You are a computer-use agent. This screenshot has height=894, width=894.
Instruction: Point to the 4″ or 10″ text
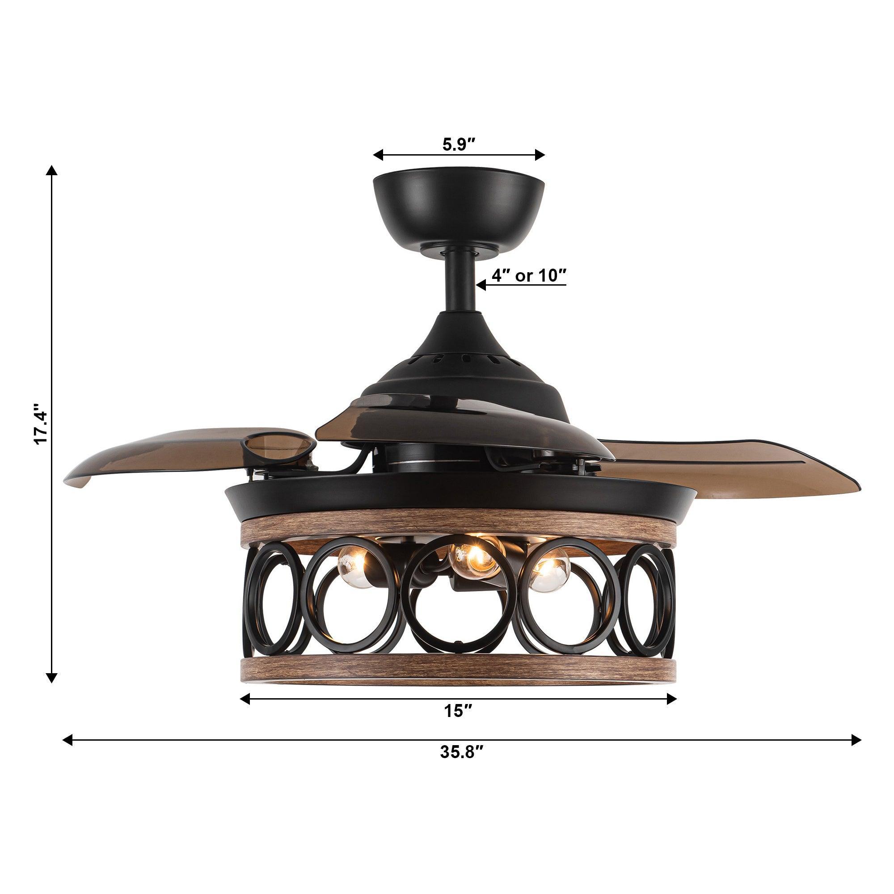tap(529, 276)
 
